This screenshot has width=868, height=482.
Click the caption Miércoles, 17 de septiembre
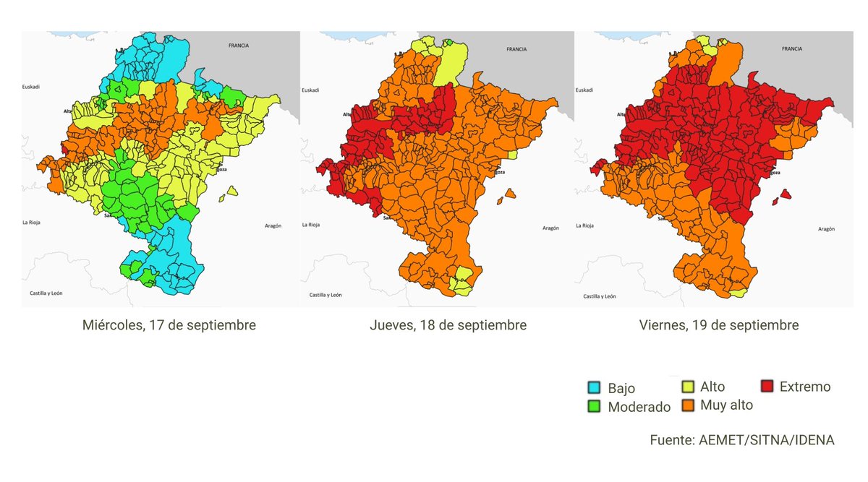169,325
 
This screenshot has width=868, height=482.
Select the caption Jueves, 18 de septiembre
448,325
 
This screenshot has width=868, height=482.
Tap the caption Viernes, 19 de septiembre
718,325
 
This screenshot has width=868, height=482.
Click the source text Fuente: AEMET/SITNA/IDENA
742,440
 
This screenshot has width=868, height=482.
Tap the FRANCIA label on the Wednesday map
238,46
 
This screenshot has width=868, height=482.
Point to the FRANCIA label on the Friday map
792,49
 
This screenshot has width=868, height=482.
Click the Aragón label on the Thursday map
550,228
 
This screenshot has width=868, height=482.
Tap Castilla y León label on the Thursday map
325,295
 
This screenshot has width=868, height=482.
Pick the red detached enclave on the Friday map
785,194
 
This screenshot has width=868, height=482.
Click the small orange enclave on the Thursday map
510,193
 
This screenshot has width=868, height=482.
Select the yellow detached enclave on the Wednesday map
231,191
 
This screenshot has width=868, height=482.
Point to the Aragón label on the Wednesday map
272,226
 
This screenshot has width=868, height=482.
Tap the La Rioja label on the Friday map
585,225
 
